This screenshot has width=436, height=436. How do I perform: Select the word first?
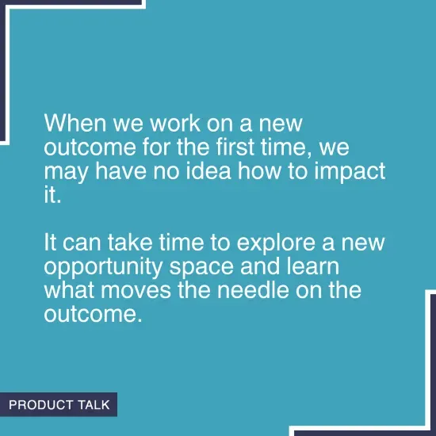(x=244, y=148)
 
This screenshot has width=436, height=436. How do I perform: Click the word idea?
(x=212, y=171)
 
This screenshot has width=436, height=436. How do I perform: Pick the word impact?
(x=352, y=172)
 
